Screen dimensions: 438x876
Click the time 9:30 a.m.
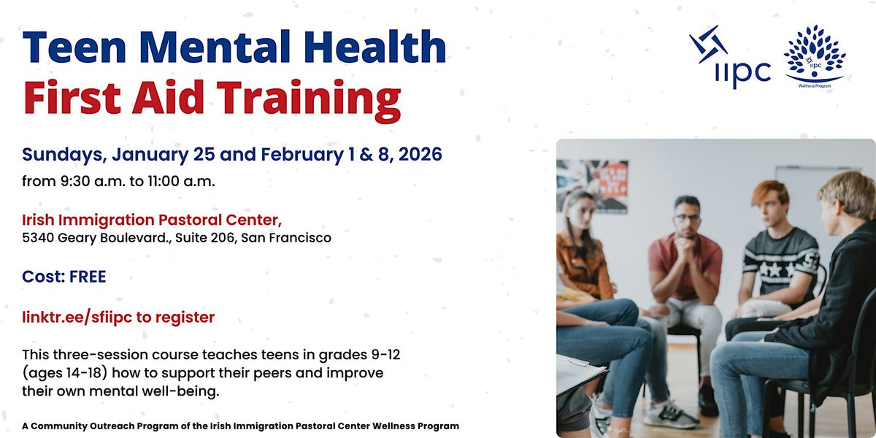(80, 181)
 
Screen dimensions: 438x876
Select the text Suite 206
(209, 237)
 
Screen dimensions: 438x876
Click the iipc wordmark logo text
(741, 72)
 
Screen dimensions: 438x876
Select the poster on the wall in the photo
(593, 185)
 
